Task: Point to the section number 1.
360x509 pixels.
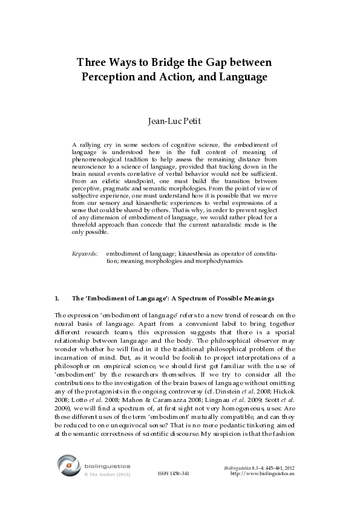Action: click(57, 299)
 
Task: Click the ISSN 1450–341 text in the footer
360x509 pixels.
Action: click(174, 473)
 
